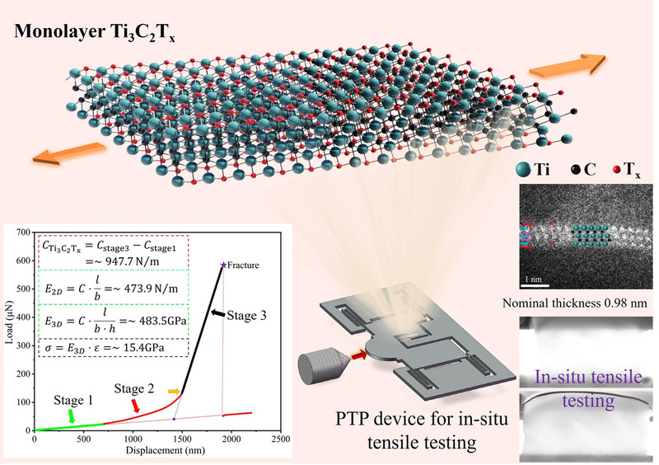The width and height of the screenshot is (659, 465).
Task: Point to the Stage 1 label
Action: (x=73, y=402)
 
